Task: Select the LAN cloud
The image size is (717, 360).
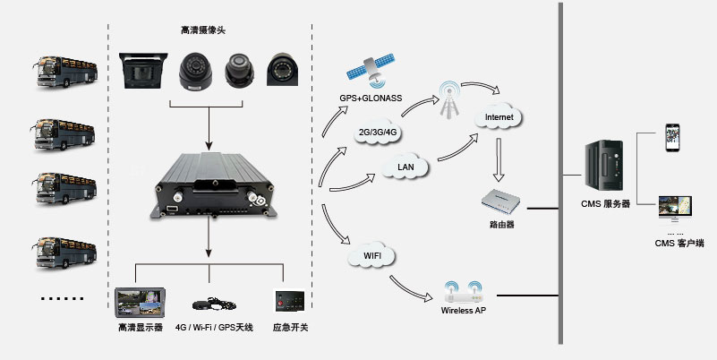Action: coord(403,167)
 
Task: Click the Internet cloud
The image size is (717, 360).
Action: coord(498,117)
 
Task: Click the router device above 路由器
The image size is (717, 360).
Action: coord(503,201)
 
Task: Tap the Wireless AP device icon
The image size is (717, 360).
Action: coord(462,291)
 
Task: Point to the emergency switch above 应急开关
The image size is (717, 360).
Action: coord(288,300)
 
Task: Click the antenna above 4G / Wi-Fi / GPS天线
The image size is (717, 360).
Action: coord(214,305)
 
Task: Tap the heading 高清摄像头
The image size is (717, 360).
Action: coord(203,31)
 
